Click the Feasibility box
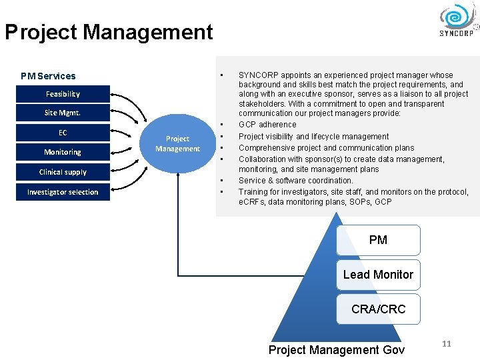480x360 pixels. [63, 94]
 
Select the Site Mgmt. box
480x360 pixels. [63, 113]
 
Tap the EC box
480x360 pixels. [63, 133]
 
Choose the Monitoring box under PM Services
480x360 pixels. [63, 152]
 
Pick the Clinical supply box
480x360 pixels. [63, 172]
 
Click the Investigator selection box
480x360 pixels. [63, 192]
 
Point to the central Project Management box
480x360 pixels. [177, 143]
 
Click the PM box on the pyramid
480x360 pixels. [378, 240]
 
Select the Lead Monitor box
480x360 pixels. [378, 275]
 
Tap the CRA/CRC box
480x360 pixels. [378, 309]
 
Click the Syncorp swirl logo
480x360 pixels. [457, 17]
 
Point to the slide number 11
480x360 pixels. [447, 343]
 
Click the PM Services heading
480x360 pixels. [48, 76]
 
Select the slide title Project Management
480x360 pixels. [109, 32]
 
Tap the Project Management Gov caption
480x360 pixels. [336, 350]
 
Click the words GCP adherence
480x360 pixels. [267, 125]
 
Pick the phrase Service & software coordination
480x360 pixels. [296, 181]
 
